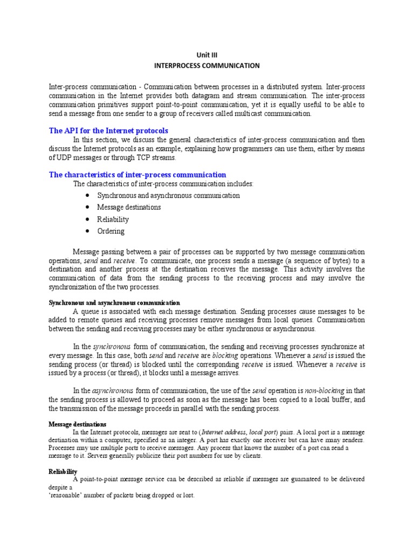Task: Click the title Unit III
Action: [x=207, y=54]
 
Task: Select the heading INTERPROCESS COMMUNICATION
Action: [x=207, y=66]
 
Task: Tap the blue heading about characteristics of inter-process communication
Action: [x=137, y=175]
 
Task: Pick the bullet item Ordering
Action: [x=111, y=231]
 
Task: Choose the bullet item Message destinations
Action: [x=129, y=208]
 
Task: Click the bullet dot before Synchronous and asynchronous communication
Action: [x=87, y=196]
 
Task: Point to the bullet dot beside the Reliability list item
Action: [x=87, y=219]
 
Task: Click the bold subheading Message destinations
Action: [x=78, y=424]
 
